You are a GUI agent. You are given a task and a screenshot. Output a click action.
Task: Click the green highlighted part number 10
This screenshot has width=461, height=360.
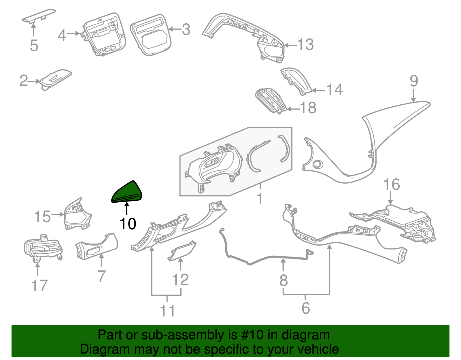[127, 192]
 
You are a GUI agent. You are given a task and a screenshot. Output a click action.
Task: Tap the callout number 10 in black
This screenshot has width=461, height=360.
[128, 224]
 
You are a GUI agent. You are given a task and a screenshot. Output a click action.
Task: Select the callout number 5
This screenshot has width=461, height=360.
[34, 46]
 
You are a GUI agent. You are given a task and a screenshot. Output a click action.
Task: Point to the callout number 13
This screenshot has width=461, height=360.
[305, 45]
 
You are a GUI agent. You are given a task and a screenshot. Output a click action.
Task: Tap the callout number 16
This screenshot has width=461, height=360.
[392, 184]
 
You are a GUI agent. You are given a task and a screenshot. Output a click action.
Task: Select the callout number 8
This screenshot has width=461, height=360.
[284, 280]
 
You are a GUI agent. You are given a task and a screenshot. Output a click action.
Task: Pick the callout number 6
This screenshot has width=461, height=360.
[306, 308]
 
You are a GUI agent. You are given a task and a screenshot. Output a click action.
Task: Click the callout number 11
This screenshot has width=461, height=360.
[167, 311]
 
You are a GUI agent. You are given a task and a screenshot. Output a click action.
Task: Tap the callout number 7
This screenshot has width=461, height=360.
[101, 276]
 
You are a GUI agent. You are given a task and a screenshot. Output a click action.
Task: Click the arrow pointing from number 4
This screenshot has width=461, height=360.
[73, 34]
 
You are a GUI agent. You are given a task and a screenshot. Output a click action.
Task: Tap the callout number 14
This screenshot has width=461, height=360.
[334, 90]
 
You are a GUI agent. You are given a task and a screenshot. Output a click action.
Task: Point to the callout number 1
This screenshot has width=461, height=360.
[260, 199]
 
